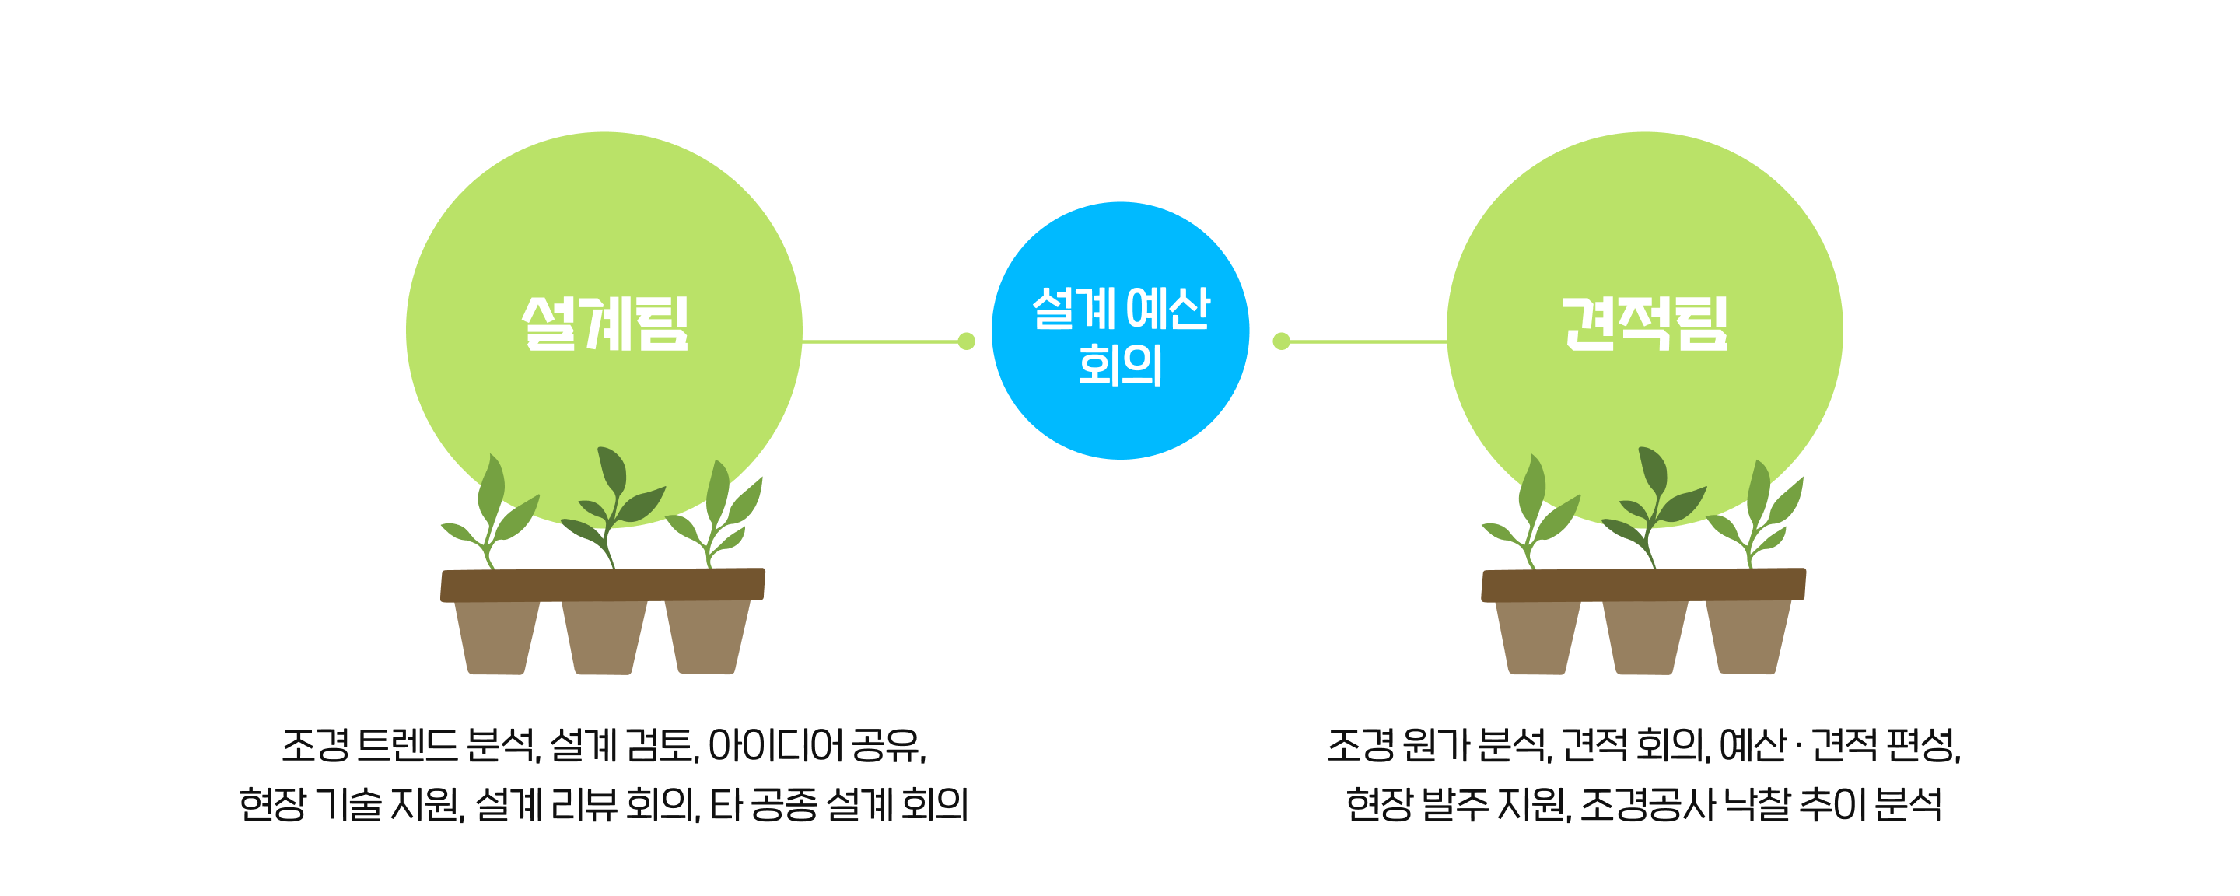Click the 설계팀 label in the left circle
[604, 324]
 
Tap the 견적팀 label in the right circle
[1644, 324]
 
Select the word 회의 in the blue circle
[1120, 365]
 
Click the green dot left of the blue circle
[966, 341]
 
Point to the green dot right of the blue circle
[1281, 341]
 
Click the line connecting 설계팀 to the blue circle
[878, 341]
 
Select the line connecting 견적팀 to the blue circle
[1365, 341]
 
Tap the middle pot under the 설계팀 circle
[604, 637]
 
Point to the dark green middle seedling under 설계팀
[611, 505]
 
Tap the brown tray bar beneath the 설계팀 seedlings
[603, 585]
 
